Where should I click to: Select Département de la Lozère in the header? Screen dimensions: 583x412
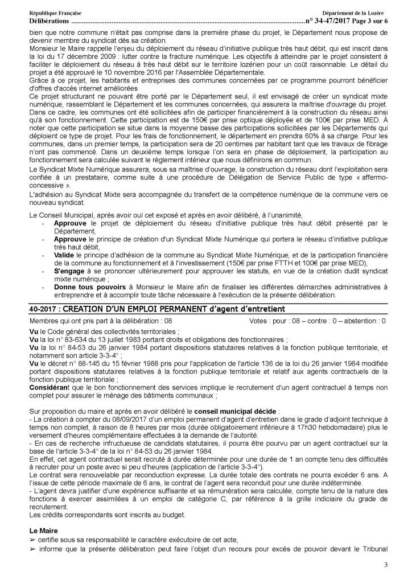[x=352, y=12]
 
